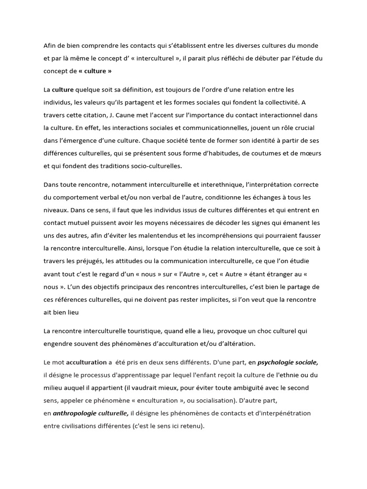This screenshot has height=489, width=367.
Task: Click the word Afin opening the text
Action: (50, 45)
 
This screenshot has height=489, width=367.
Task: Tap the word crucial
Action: (304, 128)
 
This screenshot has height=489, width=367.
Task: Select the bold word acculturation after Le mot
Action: (86, 362)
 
